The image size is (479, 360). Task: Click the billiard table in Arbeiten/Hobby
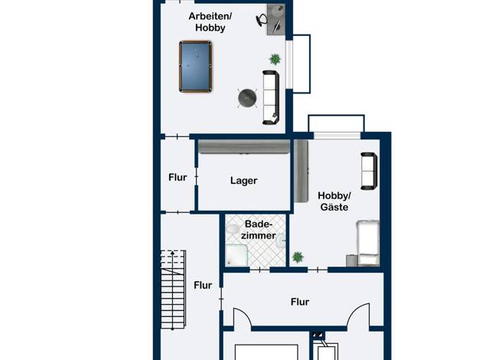[x=196, y=67]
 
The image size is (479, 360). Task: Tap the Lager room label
[x=244, y=181]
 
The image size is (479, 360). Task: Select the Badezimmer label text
[x=259, y=230]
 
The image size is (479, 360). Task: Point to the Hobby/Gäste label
[x=334, y=201]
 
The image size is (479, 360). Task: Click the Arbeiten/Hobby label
[x=210, y=21]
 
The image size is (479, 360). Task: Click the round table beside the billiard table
[x=247, y=98]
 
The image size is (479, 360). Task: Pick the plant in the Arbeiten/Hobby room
[x=275, y=59]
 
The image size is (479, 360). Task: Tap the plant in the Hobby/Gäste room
[x=298, y=257]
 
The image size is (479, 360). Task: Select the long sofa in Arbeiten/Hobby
[x=271, y=97]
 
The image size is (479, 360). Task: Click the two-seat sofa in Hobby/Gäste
[x=369, y=171]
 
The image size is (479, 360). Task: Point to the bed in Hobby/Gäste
[x=368, y=243]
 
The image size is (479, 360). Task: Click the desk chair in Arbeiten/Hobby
[x=262, y=20]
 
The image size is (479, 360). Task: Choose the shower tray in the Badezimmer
[x=236, y=255]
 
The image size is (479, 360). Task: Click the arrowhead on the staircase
[x=173, y=253]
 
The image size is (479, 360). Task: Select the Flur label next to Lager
[x=178, y=178]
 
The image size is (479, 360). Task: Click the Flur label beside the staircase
[x=203, y=286]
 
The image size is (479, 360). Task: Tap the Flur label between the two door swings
[x=300, y=303]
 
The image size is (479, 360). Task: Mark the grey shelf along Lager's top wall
[x=244, y=147]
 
